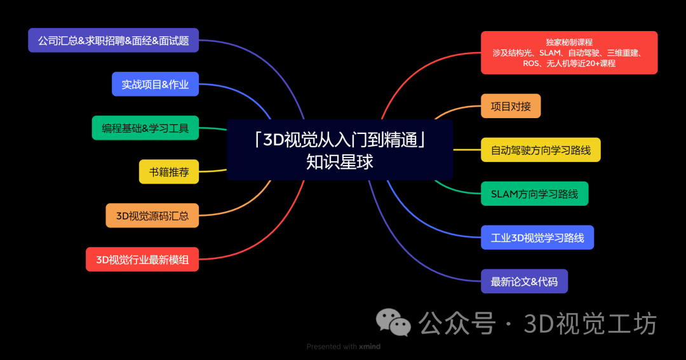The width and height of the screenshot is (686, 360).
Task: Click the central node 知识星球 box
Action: point(339,150)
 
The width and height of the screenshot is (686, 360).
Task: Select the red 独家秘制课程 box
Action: point(568,53)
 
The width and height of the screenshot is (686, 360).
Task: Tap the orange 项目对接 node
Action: point(511,106)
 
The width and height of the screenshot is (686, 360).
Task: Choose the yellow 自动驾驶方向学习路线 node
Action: point(541,150)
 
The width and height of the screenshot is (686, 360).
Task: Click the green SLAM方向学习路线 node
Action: point(534,194)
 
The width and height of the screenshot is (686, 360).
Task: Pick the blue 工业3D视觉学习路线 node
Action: point(537,237)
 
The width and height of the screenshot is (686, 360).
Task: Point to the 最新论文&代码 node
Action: point(524,281)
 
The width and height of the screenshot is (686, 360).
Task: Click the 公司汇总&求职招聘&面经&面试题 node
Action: point(113,40)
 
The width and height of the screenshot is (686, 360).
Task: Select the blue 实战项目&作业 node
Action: point(155,84)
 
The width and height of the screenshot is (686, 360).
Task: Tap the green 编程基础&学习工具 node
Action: point(145,128)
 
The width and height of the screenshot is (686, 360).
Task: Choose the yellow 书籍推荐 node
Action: point(168,171)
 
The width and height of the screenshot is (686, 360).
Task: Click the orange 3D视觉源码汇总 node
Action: point(152,215)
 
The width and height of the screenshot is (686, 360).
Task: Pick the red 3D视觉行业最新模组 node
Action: point(142,259)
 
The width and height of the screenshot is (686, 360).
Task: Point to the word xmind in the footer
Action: point(370,347)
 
